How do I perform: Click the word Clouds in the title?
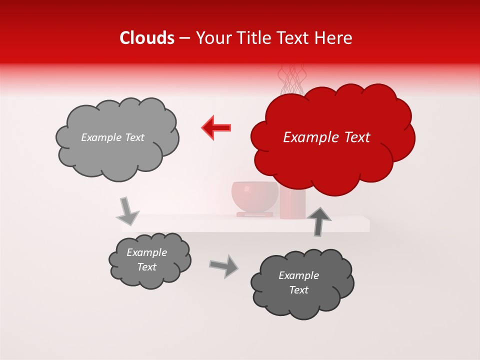tap(147, 38)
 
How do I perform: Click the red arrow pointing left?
tap(216, 127)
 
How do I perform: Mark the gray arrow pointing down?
tap(127, 211)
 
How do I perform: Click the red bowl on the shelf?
tap(254, 197)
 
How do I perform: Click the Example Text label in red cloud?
tap(326, 137)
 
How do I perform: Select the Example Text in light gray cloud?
tap(112, 137)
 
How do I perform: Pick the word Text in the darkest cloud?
tap(299, 290)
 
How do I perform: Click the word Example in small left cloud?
tap(146, 252)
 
